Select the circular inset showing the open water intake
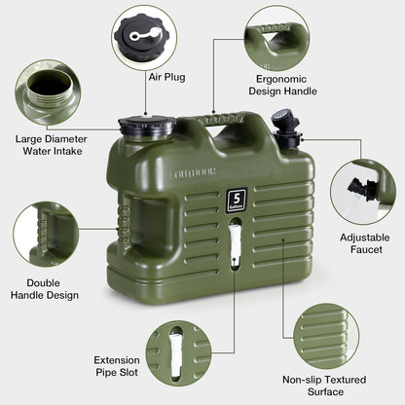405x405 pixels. tap(47, 92)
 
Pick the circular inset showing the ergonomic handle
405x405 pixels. tap(276, 37)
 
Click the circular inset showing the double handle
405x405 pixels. tap(47, 234)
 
